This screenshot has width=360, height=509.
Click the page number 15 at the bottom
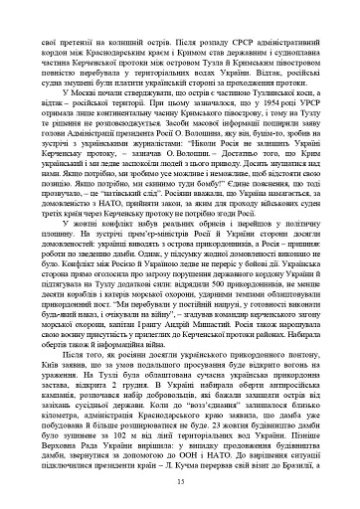pyautogui.click(x=180, y=482)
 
